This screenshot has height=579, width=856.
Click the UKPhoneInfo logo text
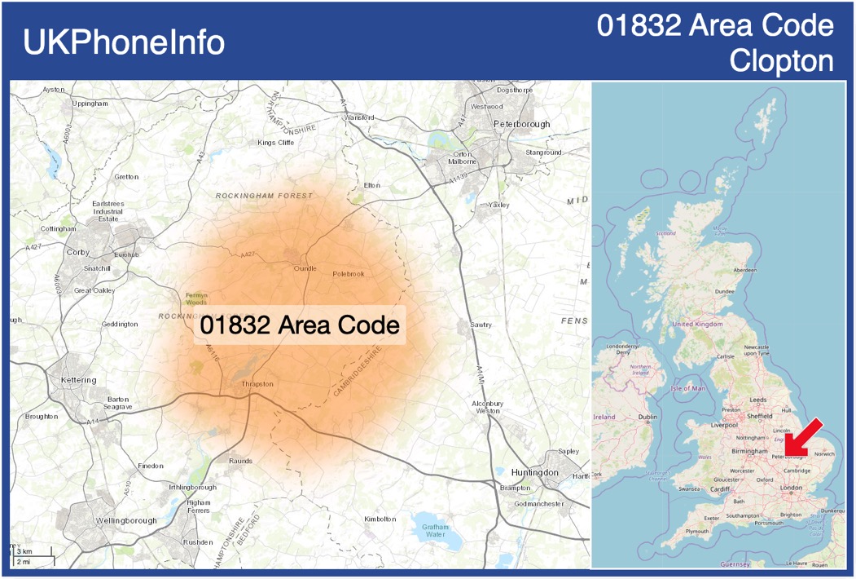pyautogui.click(x=124, y=42)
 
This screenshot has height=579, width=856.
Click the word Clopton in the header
pyautogui.click(x=781, y=61)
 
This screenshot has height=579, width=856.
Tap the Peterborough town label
pyautogui.click(x=521, y=124)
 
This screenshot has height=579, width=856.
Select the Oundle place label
pyautogui.click(x=305, y=268)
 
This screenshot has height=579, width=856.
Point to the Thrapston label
pyautogui.click(x=257, y=383)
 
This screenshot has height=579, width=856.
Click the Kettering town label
pyautogui.click(x=78, y=380)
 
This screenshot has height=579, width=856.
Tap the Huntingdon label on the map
pyautogui.click(x=534, y=473)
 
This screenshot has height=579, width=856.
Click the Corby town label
pyautogui.click(x=78, y=253)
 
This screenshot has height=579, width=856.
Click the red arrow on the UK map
pyautogui.click(x=805, y=437)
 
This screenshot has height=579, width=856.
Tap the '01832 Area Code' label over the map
pyautogui.click(x=300, y=325)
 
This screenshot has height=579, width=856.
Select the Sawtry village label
pyautogui.click(x=481, y=325)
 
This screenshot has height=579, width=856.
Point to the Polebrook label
pyautogui.click(x=349, y=274)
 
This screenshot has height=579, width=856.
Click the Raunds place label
pyautogui.click(x=240, y=461)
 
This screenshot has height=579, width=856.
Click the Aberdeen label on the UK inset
pyautogui.click(x=744, y=270)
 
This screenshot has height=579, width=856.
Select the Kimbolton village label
pyautogui.click(x=380, y=519)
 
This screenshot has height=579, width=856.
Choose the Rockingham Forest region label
pyautogui.click(x=264, y=197)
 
